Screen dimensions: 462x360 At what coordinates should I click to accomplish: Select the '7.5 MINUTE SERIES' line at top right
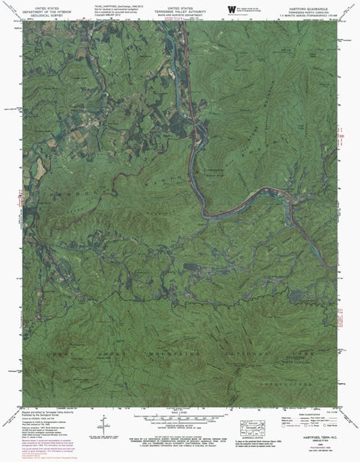(309, 16)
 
